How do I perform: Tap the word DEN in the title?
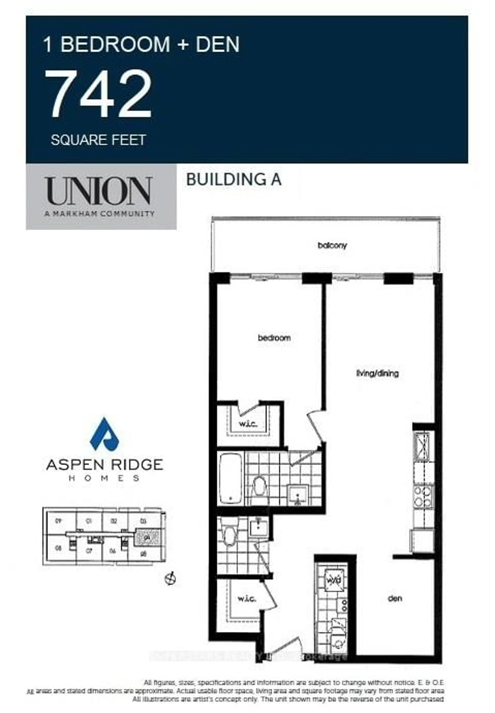217,44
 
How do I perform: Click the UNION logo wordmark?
99,192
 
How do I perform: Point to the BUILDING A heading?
234,180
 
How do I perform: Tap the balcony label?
332,246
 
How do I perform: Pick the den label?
395,598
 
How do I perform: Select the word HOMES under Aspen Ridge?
104,479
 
